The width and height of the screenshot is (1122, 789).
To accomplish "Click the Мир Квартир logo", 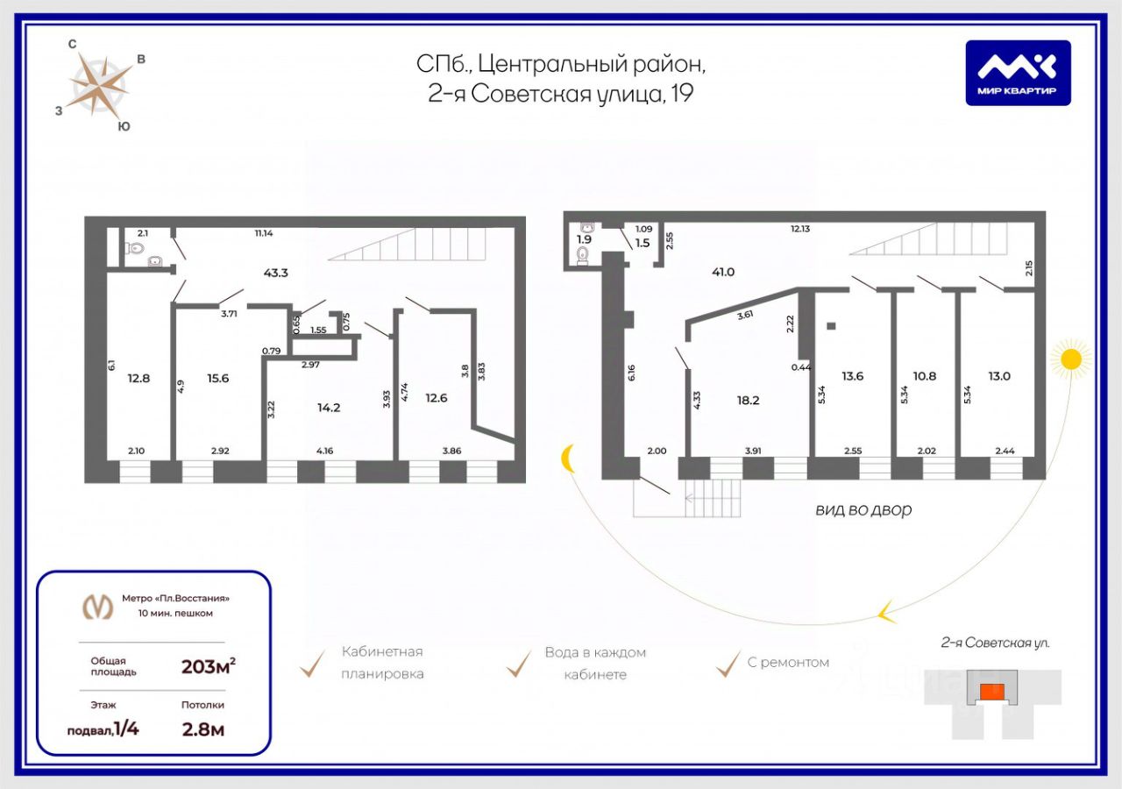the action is click(1018, 73).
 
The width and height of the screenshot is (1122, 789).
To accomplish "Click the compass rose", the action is click(98, 85).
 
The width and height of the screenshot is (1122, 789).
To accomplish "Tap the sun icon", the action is click(1069, 359).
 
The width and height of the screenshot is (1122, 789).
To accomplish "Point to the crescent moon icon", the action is click(568, 458).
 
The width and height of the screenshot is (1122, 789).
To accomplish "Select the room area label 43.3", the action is click(276, 273).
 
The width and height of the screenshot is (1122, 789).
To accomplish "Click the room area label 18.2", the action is click(748, 400).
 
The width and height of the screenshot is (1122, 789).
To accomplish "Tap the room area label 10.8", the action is click(924, 376).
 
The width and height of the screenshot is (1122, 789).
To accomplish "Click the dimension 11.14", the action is click(264, 233).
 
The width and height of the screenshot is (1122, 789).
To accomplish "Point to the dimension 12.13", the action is click(799, 229).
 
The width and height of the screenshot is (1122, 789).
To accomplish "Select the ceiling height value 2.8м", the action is click(202, 729).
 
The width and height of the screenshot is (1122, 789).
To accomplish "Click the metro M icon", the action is click(96, 606).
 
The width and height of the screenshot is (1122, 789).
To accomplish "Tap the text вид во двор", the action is click(863, 510).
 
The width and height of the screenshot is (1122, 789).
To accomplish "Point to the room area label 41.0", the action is click(723, 273).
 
